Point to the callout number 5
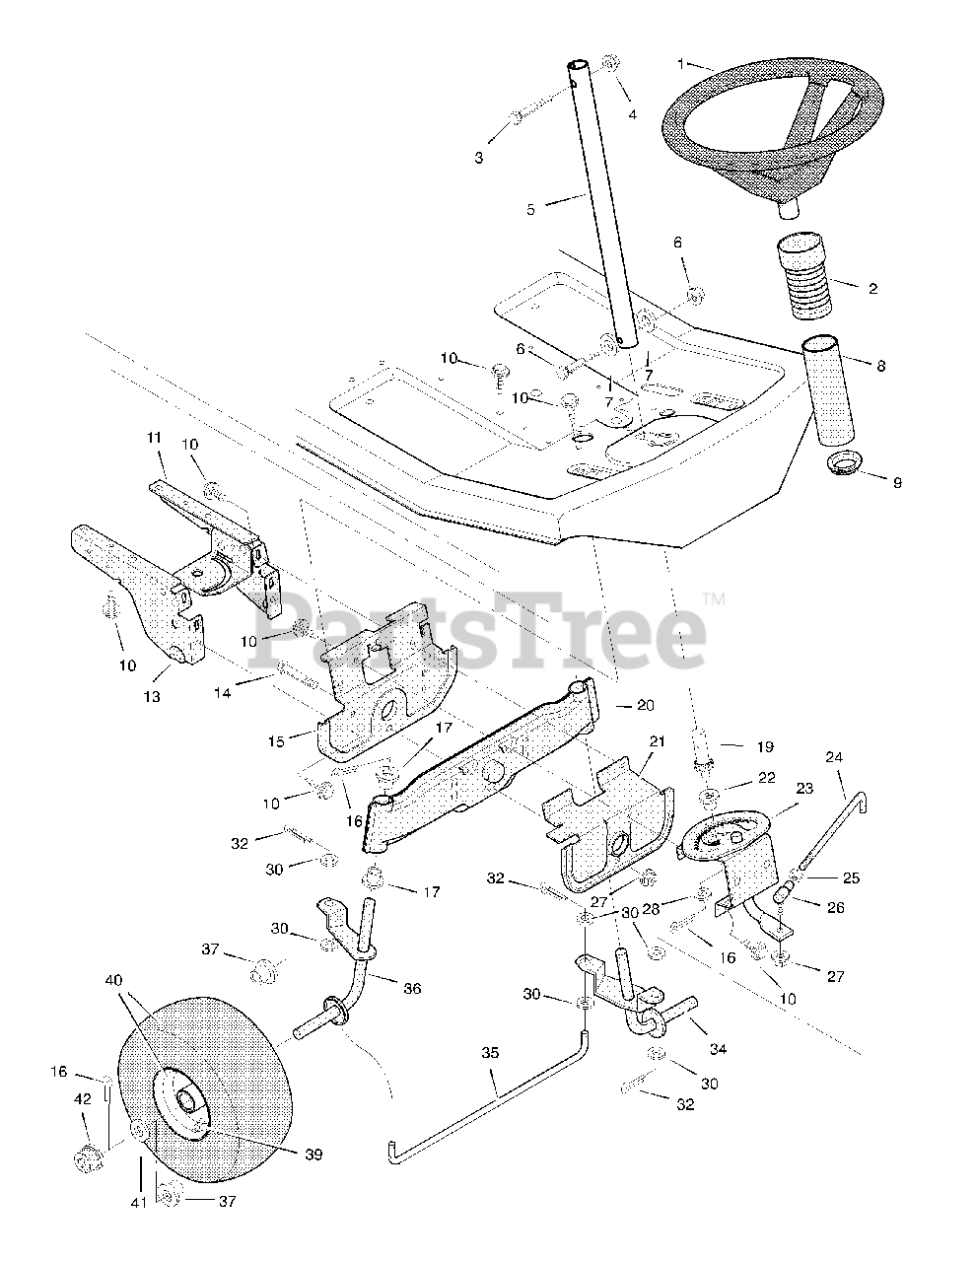pyautogui.click(x=530, y=209)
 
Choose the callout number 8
pyautogui.click(x=880, y=366)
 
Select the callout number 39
pyautogui.click(x=313, y=1154)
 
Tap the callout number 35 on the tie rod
pyautogui.click(x=491, y=1053)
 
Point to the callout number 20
pyautogui.click(x=646, y=705)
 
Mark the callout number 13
pyautogui.click(x=151, y=697)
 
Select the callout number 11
pyautogui.click(x=153, y=436)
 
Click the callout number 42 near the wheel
pyautogui.click(x=84, y=1097)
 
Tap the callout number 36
pyautogui.click(x=411, y=988)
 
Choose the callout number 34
pyautogui.click(x=718, y=1049)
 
